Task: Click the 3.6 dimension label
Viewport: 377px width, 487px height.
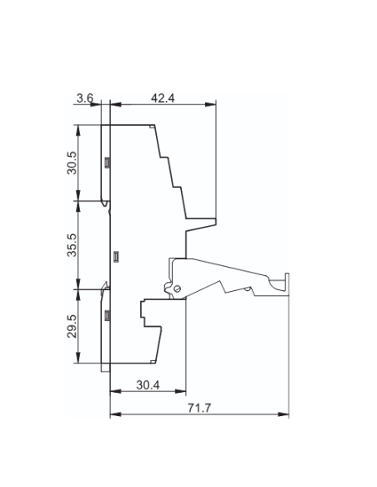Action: click(x=85, y=98)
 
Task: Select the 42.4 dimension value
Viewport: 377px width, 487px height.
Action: click(x=163, y=98)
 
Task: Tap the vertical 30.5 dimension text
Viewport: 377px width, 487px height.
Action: click(x=72, y=163)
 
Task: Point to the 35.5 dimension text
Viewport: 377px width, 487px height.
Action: click(x=72, y=245)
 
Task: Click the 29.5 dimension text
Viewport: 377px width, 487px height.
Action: click(x=72, y=326)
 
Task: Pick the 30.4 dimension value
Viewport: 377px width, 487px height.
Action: click(x=148, y=385)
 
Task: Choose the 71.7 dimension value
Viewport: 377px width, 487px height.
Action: click(x=199, y=408)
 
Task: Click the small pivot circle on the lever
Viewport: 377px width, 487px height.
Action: click(x=177, y=289)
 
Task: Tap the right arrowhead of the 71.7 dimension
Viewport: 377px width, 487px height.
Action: click(x=284, y=414)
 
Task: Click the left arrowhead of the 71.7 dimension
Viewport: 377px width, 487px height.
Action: click(x=116, y=414)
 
